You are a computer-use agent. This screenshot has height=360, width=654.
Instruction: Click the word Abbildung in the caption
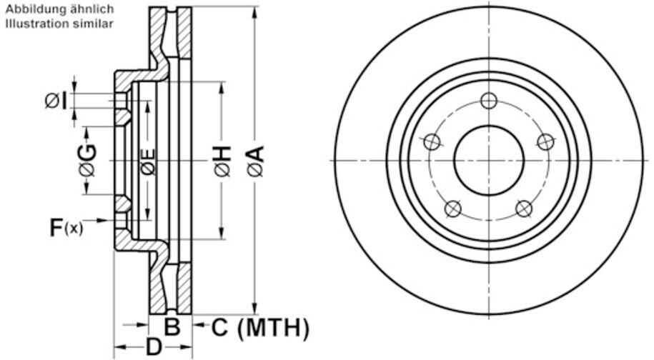(x=31, y=10)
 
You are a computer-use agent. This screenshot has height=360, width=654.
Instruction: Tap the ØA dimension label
(x=254, y=161)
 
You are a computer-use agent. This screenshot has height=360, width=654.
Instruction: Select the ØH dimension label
(x=222, y=161)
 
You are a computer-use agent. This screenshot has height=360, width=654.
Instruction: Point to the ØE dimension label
(x=148, y=162)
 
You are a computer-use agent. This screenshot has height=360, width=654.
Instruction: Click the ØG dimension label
(x=87, y=160)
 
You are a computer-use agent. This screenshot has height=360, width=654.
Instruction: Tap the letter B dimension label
(x=172, y=327)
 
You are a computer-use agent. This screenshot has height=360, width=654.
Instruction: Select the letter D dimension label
(x=154, y=348)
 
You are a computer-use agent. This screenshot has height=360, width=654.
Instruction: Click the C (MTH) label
(x=261, y=328)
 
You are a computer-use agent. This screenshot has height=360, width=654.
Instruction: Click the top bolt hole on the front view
(x=489, y=101)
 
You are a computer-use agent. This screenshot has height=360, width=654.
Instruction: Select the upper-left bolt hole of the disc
(x=432, y=142)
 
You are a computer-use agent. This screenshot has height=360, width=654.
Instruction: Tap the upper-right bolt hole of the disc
(x=545, y=142)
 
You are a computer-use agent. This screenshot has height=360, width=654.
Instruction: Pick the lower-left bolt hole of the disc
(x=453, y=209)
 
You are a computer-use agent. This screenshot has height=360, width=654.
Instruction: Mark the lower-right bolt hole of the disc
(x=524, y=209)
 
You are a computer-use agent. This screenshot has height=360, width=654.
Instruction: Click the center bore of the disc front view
(x=489, y=160)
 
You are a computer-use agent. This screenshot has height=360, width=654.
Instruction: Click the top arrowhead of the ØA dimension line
(x=254, y=12)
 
